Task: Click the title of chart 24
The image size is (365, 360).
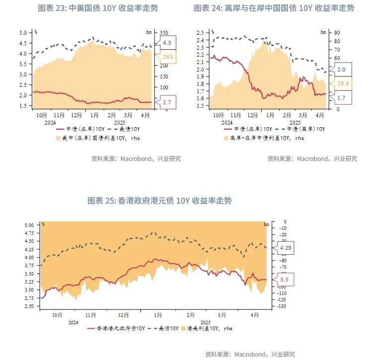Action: (274, 8)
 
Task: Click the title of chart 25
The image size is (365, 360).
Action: (159, 201)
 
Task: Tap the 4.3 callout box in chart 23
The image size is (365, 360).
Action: (167, 43)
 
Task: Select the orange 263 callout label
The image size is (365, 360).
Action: (167, 57)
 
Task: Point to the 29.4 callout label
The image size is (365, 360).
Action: (343, 83)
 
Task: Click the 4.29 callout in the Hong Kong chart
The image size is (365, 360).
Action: (286, 247)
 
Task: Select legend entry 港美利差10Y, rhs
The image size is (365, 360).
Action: (208, 328)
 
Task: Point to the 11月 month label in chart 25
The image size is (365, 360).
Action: (90, 315)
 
